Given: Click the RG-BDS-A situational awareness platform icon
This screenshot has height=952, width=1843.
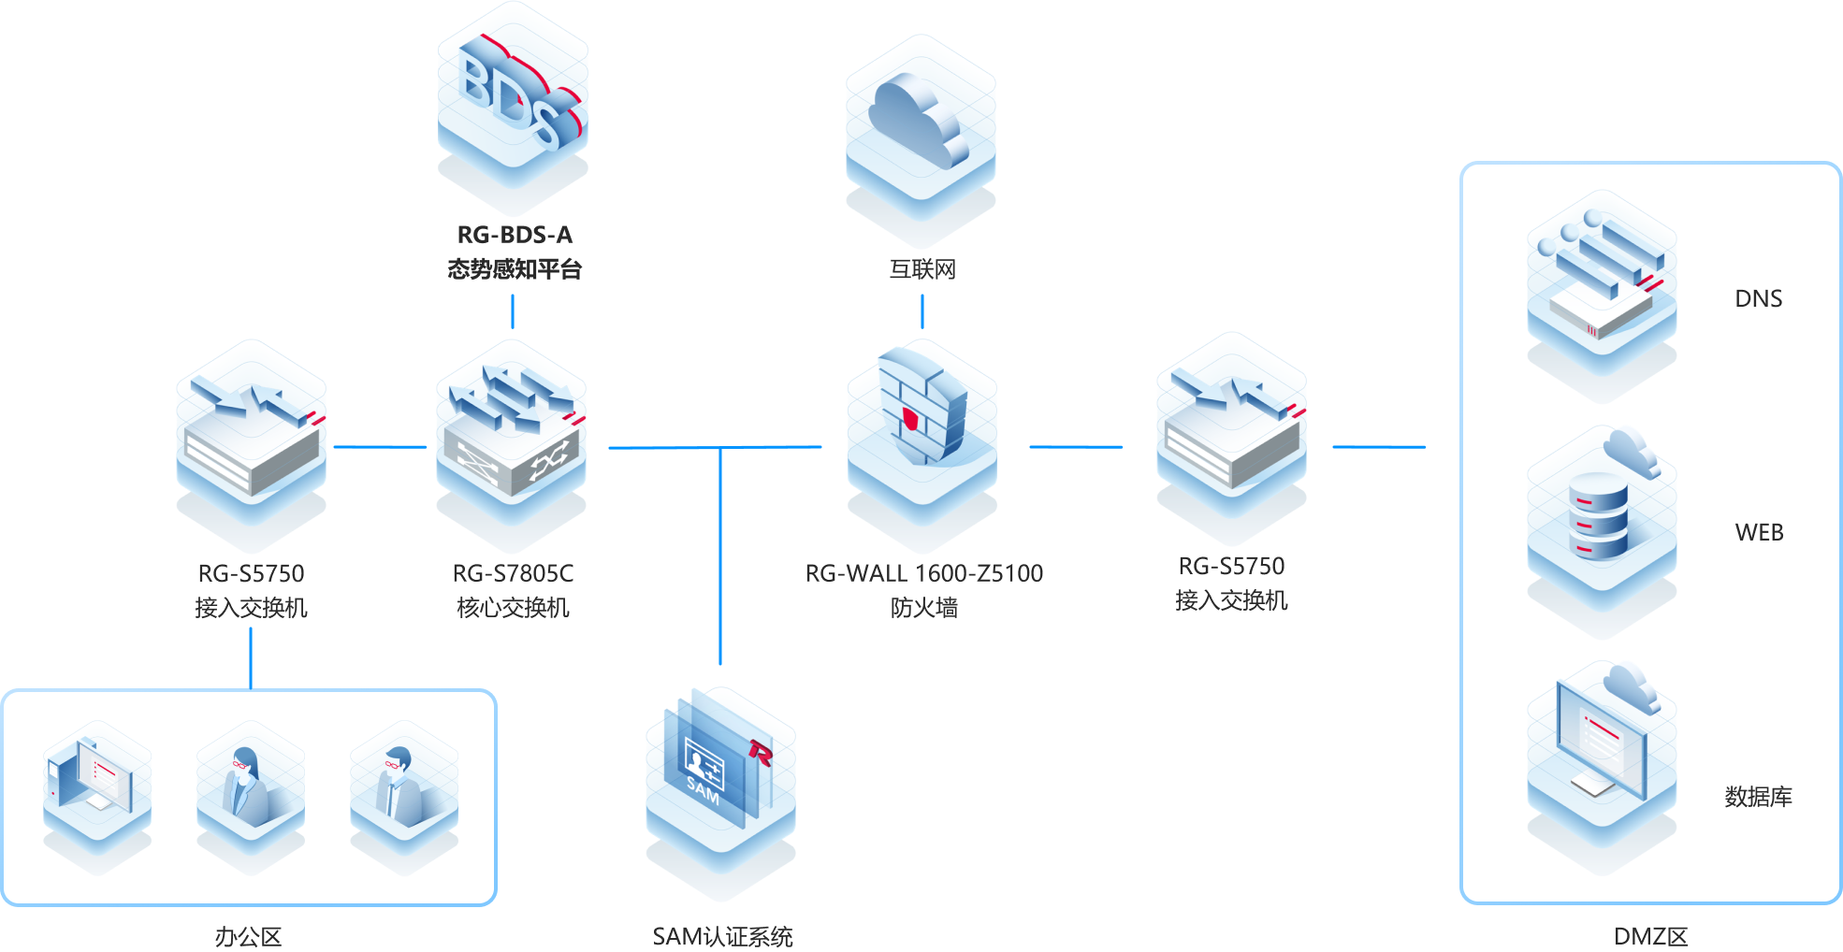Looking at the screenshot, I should point(513,108).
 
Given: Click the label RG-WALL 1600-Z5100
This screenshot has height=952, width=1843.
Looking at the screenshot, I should point(924,573).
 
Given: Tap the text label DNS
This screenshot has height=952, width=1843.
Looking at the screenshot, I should point(1759,298).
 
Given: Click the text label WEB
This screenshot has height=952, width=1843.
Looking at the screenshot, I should point(1759,532).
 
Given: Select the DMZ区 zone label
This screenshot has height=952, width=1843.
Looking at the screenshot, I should point(1651,936).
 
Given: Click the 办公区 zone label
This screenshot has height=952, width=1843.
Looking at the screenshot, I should point(248,936).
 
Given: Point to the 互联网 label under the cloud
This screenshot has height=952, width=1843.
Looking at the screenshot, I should point(922,270).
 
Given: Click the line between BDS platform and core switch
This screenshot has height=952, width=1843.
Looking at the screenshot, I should point(513,311).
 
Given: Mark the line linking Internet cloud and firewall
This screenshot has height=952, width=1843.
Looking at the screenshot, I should point(922,311).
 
